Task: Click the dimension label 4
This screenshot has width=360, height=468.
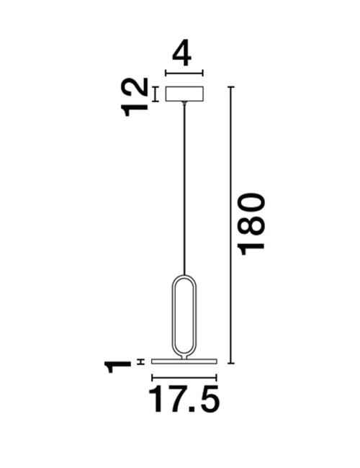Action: [185, 53]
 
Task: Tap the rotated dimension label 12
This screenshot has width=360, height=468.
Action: [135, 96]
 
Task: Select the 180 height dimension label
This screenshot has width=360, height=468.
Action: [252, 223]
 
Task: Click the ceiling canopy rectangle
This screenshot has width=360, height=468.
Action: [185, 94]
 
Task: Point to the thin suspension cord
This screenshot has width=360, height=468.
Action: [185, 187]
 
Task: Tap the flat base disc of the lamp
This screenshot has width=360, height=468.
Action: [184, 361]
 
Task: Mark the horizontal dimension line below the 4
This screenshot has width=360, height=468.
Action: [185, 72]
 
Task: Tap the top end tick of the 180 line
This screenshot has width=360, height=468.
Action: [231, 86]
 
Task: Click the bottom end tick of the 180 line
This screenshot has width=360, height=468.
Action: [231, 363]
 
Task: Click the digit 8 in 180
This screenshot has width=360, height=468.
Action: [252, 224]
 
